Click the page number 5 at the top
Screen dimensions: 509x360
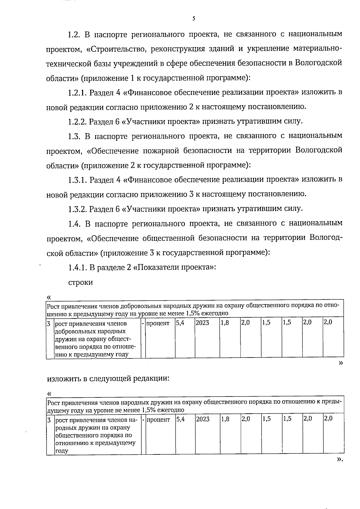click(x=193, y=19)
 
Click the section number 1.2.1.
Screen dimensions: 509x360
click(x=78, y=92)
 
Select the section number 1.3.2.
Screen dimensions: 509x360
click(x=78, y=209)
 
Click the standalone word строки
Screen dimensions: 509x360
click(x=80, y=282)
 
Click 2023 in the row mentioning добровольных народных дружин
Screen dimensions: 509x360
click(x=202, y=323)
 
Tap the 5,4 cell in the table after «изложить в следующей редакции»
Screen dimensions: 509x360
click(x=180, y=419)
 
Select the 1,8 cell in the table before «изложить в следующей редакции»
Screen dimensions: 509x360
click(x=225, y=323)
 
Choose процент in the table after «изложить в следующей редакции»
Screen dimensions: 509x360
click(x=158, y=419)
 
